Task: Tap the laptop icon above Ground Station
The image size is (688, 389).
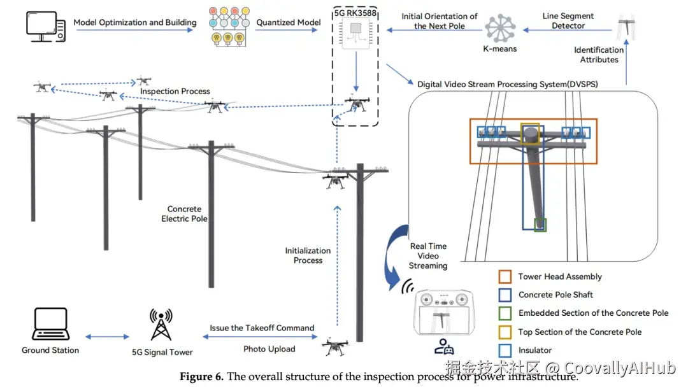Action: click(50, 324)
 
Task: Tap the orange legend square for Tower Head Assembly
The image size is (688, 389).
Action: click(506, 277)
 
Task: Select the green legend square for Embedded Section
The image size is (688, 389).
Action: click(506, 313)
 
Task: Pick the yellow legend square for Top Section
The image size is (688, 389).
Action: click(506, 332)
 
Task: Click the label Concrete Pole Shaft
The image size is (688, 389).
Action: click(555, 295)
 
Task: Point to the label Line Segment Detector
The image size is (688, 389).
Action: click(568, 21)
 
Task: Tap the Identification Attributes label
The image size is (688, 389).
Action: click(599, 55)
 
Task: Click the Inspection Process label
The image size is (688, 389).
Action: click(175, 91)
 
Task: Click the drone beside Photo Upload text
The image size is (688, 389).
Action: click(335, 347)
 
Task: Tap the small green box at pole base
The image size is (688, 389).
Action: click(540, 224)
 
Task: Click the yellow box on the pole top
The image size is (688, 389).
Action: click(530, 135)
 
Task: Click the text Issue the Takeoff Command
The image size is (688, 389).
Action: click(262, 328)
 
